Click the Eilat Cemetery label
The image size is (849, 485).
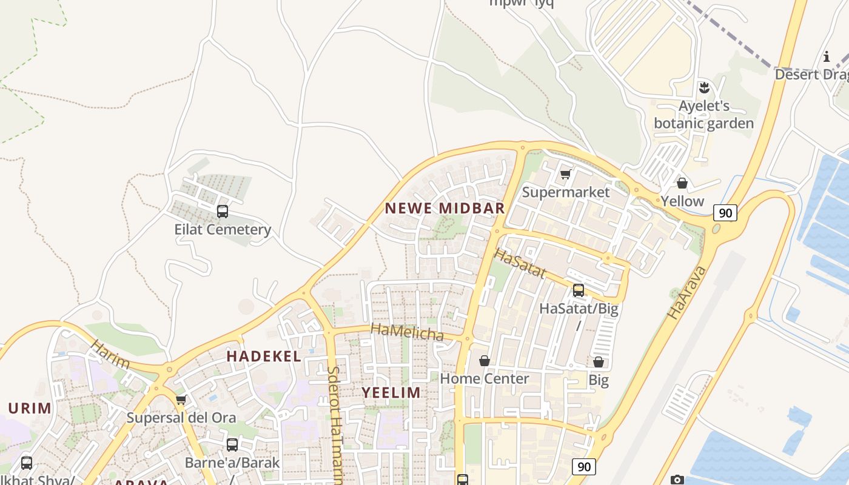[223, 230]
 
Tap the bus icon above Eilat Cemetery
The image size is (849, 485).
[223, 212]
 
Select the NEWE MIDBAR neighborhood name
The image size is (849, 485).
[445, 209]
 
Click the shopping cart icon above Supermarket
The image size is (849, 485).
[565, 175]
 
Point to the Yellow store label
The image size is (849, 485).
[682, 201]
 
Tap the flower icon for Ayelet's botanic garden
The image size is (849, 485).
[704, 87]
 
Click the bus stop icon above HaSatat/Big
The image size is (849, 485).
[579, 290]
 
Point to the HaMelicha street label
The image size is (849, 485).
[407, 332]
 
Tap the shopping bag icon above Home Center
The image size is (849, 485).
[484, 361]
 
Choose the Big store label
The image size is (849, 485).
[599, 380]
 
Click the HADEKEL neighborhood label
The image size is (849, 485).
[264, 356]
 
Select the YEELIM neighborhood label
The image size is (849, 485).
[391, 392]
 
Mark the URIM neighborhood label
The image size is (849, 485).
[30, 408]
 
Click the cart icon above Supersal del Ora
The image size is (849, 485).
[180, 400]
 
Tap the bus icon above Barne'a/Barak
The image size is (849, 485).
[232, 445]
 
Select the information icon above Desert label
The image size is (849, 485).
[826, 57]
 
